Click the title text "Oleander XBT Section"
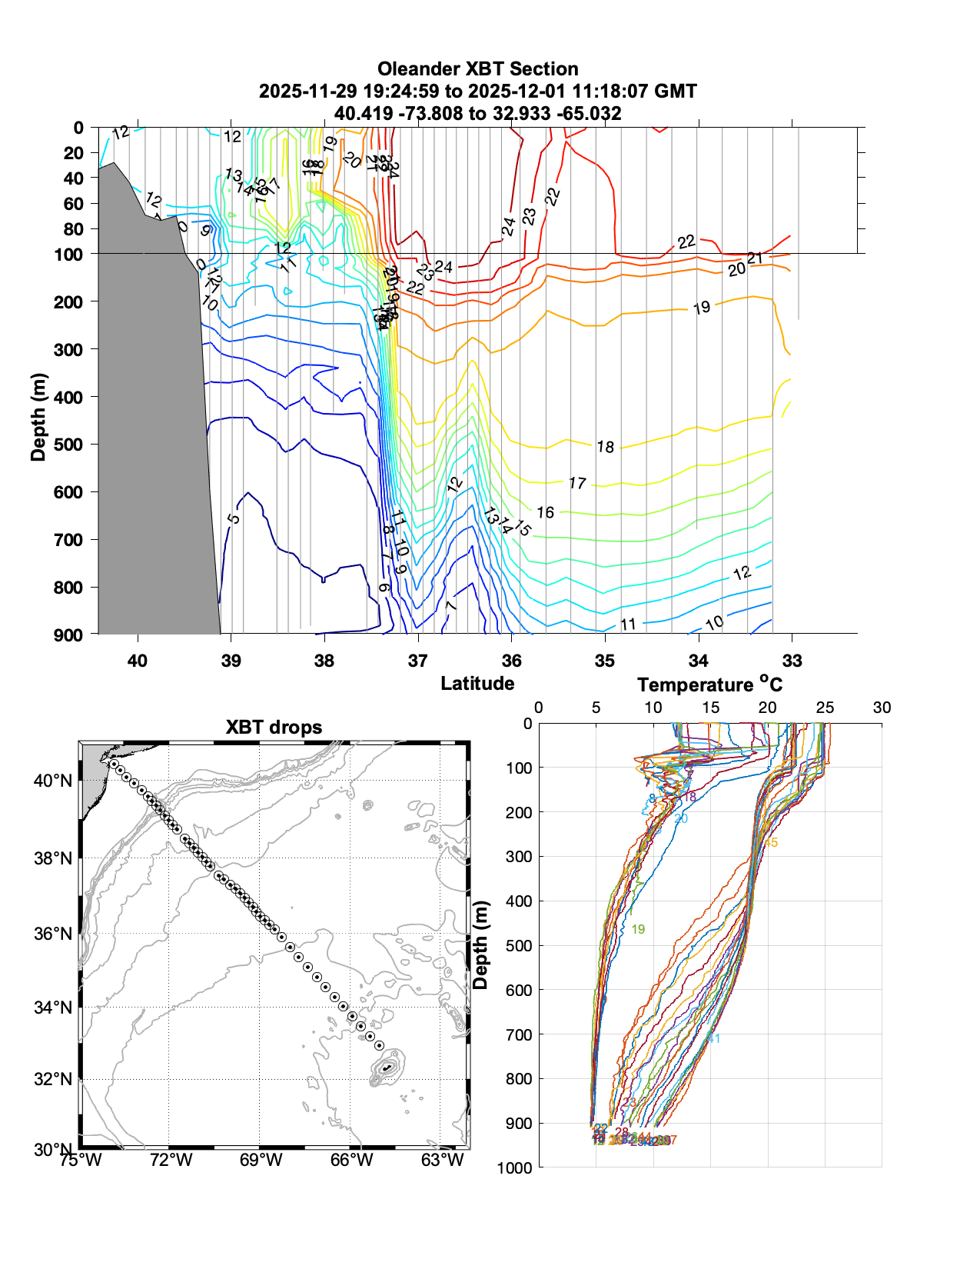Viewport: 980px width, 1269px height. point(477,69)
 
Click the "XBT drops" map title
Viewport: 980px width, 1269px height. point(274,728)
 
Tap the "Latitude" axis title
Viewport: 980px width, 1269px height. point(477,683)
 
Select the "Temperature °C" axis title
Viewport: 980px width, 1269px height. point(709,684)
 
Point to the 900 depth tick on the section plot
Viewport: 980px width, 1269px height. point(68,635)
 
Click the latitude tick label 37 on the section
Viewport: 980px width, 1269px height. point(417,661)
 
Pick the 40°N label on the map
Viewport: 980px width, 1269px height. point(53,781)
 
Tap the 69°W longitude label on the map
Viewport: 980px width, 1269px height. point(261,1160)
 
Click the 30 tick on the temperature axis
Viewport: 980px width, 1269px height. point(882,708)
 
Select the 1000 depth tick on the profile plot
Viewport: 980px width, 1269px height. point(515,1167)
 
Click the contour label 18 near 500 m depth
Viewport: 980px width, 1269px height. point(606,447)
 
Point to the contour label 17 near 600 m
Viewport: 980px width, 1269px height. point(577,483)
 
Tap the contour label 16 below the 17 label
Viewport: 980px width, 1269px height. point(545,512)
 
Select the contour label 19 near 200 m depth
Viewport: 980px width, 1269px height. point(701,308)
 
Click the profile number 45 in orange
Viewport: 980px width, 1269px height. point(771,843)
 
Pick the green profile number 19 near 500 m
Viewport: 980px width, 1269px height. point(638,930)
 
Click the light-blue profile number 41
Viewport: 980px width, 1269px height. point(713,1039)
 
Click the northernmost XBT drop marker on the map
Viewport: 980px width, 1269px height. point(114,764)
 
